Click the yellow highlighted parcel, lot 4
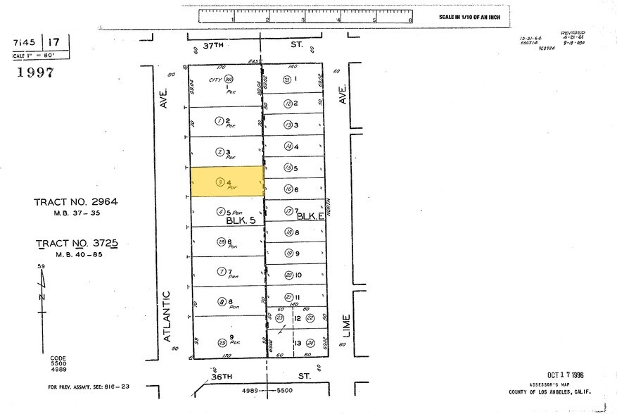[227, 182]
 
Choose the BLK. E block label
[308, 216]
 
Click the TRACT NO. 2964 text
[76, 202]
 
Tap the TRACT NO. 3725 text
[76, 244]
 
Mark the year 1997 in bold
[36, 73]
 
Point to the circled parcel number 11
[288, 297]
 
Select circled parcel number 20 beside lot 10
[288, 275]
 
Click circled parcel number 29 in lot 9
[222, 343]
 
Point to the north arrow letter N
[42, 297]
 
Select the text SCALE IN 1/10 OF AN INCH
[469, 16]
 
